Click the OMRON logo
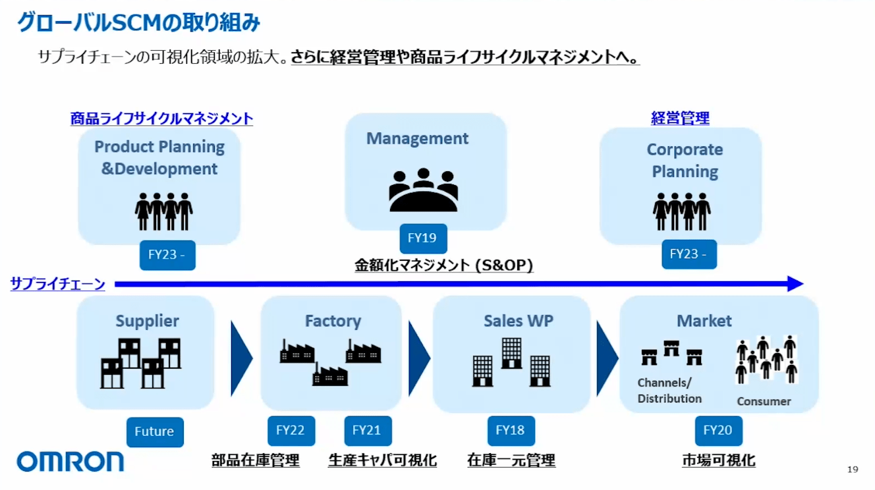(70, 461)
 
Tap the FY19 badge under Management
(422, 238)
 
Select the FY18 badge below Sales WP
(511, 431)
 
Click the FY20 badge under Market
(718, 431)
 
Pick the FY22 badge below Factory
(291, 431)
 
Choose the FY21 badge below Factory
(367, 431)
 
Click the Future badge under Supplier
(154, 432)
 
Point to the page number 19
(853, 470)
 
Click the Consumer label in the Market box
(764, 401)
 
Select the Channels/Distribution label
(669, 391)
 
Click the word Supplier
(148, 321)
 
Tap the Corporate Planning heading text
(685, 161)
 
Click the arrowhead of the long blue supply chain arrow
(795, 284)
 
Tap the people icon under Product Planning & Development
(163, 211)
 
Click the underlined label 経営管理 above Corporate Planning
(680, 119)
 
